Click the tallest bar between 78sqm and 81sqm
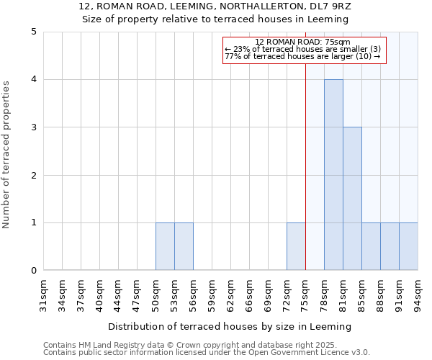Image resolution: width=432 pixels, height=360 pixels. click(333, 175)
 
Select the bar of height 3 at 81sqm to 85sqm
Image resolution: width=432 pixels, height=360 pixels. click(352, 199)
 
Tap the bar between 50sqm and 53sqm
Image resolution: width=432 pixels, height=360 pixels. click(165, 247)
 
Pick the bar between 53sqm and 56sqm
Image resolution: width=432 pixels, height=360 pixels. click(184, 247)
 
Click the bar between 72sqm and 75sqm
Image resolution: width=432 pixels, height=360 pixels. click(296, 247)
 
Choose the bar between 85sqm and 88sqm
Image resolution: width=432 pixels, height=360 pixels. click(371, 247)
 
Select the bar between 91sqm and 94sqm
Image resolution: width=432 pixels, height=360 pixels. click(408, 247)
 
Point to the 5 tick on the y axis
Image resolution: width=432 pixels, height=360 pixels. click(33, 32)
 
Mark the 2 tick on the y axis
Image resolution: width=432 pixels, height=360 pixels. click(33, 175)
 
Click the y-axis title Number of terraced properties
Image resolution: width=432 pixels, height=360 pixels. click(7, 155)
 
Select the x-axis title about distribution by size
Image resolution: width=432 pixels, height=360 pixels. click(230, 326)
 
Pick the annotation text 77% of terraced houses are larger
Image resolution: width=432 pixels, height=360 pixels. click(302, 56)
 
